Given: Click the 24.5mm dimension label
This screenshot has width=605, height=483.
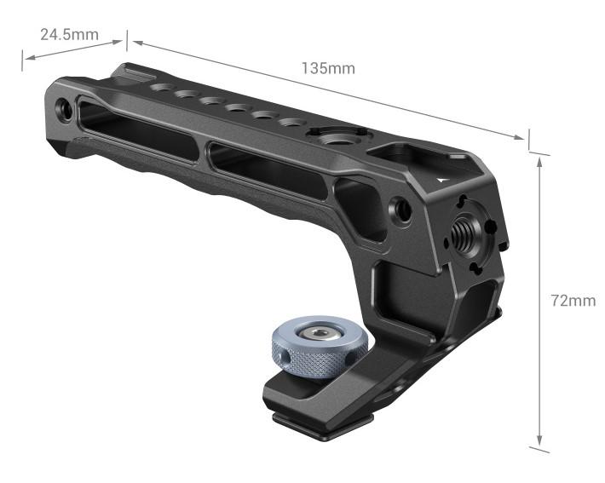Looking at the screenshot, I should click(69, 35).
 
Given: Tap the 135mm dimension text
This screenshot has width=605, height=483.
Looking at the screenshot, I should click(328, 68).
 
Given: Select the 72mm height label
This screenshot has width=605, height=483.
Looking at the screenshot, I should click(573, 301).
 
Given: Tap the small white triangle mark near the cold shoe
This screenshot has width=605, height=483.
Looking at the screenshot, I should click(441, 181).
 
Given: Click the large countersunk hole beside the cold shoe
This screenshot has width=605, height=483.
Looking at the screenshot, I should click(346, 135).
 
